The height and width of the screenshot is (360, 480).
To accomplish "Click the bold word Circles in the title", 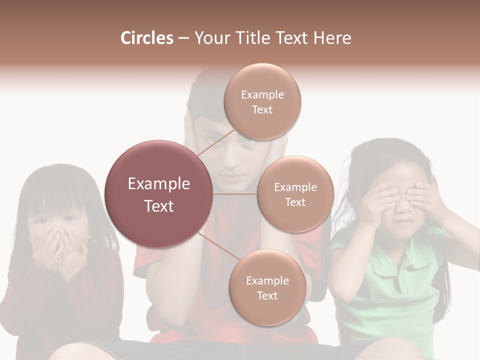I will (x=146, y=38).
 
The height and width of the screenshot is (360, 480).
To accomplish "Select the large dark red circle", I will (x=158, y=194).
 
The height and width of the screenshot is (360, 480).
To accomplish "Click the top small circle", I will (x=262, y=102).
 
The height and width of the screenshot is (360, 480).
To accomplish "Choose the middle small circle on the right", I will (x=295, y=194).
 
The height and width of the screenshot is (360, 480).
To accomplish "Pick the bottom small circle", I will (x=267, y=288).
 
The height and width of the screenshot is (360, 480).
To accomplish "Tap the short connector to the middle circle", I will (x=235, y=194).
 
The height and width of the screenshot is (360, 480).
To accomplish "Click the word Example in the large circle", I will (x=158, y=184).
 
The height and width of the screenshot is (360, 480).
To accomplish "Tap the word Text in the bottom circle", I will (x=267, y=295).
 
